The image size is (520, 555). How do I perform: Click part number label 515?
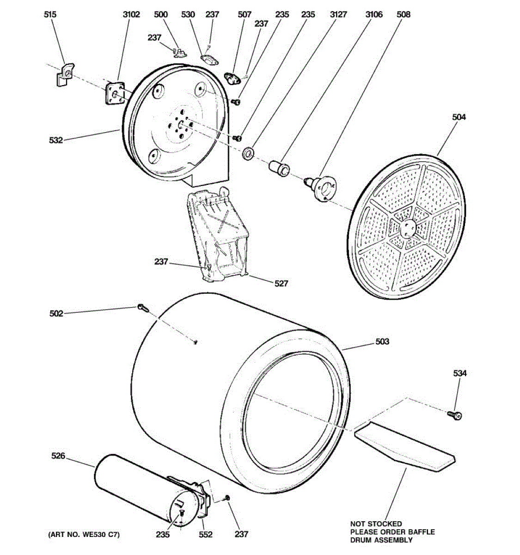(x=50, y=15)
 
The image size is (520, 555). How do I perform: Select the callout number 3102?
(x=131, y=15)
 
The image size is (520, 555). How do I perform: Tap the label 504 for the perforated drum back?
(x=459, y=117)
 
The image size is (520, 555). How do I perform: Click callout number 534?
(x=459, y=373)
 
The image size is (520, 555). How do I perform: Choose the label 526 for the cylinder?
(x=58, y=456)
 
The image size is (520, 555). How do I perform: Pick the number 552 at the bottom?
(x=206, y=535)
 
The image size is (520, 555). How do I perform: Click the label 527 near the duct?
(x=281, y=284)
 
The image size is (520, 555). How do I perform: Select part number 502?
(x=56, y=314)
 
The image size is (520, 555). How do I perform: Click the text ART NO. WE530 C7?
(x=84, y=535)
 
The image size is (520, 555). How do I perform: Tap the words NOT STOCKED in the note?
(x=375, y=524)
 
